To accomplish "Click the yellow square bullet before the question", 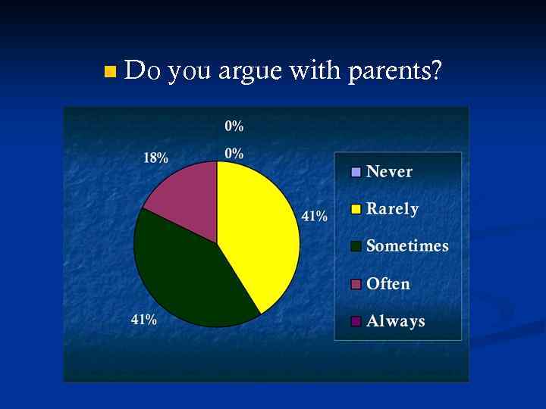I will pyautogui.click(x=111, y=73).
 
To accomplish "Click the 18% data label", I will pyautogui.click(x=156, y=158).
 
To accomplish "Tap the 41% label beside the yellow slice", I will pyautogui.click(x=315, y=217).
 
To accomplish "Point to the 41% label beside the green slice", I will pyautogui.click(x=144, y=320).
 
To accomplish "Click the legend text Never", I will pyautogui.click(x=389, y=171).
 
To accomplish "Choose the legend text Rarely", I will pyautogui.click(x=392, y=209).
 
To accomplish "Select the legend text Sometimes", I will pyautogui.click(x=407, y=246).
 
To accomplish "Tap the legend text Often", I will pyautogui.click(x=388, y=284).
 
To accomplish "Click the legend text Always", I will pyautogui.click(x=395, y=321).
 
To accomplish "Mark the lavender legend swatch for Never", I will pyautogui.click(x=356, y=172).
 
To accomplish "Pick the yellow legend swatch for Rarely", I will pyautogui.click(x=356, y=209).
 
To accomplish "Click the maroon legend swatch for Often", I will pyautogui.click(x=356, y=284).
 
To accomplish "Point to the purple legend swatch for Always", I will pyautogui.click(x=356, y=321).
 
